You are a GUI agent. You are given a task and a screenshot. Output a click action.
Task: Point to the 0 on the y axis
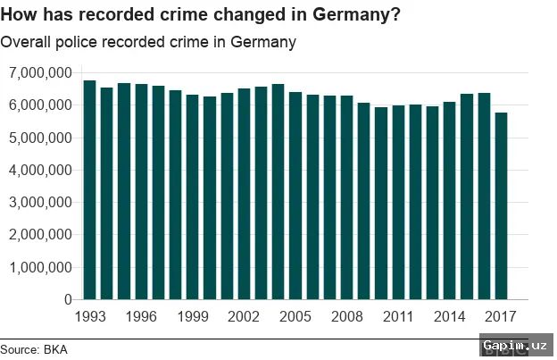67,299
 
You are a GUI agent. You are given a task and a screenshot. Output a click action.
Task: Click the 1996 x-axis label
140,316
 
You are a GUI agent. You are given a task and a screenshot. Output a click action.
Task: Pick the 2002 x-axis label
244,316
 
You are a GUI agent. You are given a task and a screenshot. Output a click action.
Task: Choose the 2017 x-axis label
501,316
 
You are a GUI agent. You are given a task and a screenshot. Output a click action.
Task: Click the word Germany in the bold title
354,15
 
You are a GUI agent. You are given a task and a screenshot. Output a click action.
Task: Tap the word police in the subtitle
80,42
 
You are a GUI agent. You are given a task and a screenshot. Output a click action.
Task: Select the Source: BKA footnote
34,349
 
